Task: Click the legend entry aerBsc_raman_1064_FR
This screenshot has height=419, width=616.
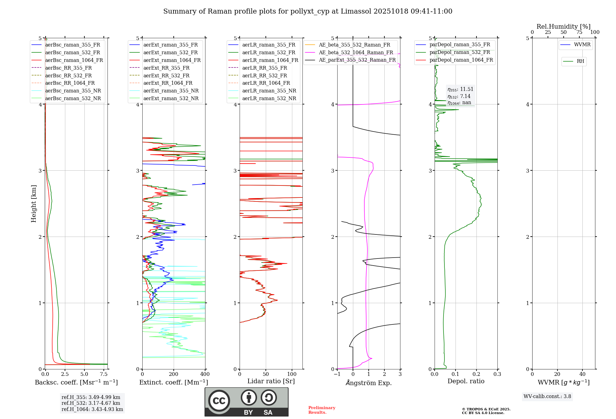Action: click(74, 60)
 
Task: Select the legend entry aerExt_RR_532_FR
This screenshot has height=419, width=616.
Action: click(166, 75)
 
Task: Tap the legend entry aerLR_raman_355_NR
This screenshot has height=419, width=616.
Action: click(269, 91)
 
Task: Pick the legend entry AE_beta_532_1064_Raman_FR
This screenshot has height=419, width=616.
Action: click(356, 52)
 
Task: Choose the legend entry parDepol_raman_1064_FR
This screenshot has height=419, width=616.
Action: click(461, 60)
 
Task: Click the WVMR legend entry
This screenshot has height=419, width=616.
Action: click(582, 45)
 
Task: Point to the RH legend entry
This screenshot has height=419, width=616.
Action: click(580, 61)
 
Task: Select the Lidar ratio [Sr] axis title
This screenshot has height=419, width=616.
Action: click(271, 381)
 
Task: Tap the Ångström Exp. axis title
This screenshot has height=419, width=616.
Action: click(369, 383)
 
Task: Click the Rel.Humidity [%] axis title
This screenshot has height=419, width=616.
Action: click(563, 26)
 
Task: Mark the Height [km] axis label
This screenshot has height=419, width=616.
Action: click(34, 203)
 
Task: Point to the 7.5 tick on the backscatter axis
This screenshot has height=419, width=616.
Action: click(104, 374)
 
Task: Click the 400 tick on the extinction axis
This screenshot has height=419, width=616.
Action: click(205, 374)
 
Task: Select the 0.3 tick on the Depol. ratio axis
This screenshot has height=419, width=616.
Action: click(497, 374)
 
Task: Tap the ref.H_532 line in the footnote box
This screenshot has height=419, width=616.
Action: click(91, 403)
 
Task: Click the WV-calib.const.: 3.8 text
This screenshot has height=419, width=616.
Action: click(547, 397)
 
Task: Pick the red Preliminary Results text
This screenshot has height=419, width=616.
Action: click(322, 410)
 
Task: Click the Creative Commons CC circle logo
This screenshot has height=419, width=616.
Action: click(219, 401)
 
